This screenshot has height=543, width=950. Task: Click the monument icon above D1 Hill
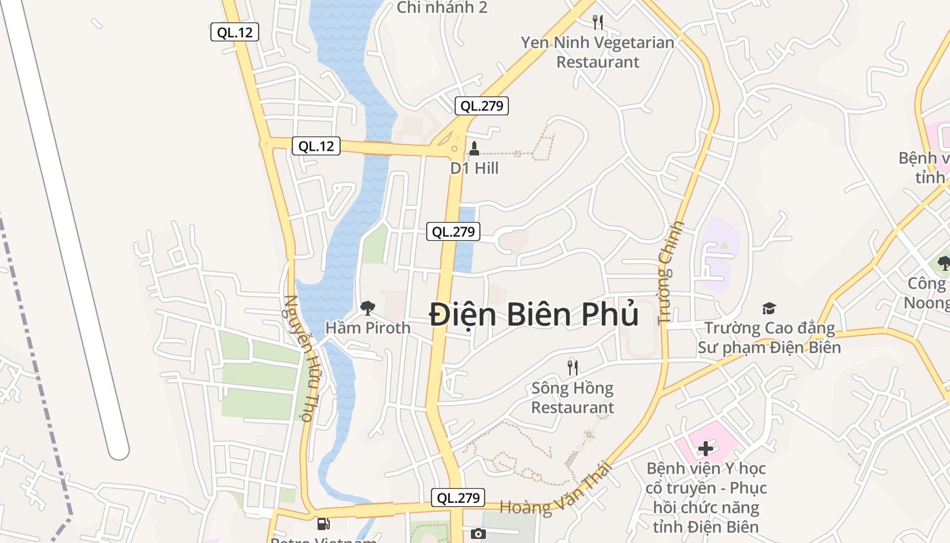coord(474,148)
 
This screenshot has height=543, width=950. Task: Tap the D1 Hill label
coord(474,168)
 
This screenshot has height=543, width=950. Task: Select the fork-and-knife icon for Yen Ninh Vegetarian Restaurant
coord(598,22)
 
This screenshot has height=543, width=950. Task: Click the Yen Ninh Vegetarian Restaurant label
coord(598,52)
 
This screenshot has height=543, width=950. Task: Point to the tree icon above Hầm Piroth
coord(368,309)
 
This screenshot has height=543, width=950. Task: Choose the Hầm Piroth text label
coord(368,328)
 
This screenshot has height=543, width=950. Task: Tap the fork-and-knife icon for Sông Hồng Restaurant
coord(573,368)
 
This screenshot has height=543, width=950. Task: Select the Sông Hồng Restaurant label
coord(573,398)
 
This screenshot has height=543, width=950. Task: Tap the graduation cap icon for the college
coord(769,309)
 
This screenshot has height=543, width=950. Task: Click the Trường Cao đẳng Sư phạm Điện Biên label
coord(769,338)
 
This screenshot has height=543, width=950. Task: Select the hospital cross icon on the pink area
coord(706,448)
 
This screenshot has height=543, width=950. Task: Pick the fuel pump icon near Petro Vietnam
coord(324,523)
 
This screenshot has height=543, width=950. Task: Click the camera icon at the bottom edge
coord(478,534)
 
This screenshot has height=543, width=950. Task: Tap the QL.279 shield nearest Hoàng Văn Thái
coord(458,498)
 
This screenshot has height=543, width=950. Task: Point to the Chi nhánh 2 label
coord(442,7)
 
